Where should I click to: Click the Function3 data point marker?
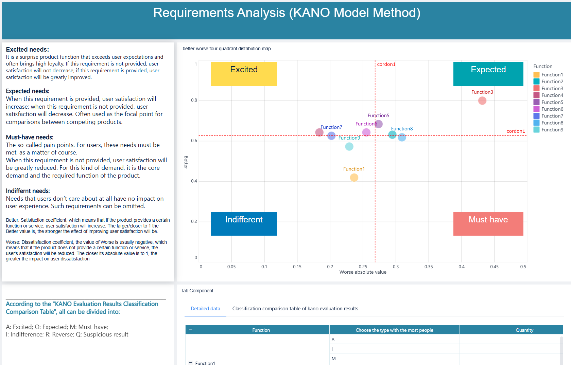click(482, 101)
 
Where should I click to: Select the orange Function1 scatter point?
click(354, 178)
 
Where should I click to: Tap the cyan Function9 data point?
click(349, 147)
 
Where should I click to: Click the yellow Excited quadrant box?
click(244, 74)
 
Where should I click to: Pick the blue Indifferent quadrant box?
click(244, 224)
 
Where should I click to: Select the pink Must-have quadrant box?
click(488, 224)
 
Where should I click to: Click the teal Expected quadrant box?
click(488, 74)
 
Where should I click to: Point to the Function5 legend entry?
click(552, 102)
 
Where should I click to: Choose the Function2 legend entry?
click(552, 81)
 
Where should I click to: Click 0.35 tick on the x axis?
click(429, 267)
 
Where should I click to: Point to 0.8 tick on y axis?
click(194, 100)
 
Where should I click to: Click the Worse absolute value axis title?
click(363, 272)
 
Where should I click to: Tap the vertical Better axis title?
click(186, 162)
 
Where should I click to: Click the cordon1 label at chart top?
click(386, 64)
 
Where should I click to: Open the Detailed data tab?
click(205, 309)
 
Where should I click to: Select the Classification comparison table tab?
click(295, 309)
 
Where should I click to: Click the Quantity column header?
click(524, 330)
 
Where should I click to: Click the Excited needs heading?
click(28, 50)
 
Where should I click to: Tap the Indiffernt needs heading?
click(28, 191)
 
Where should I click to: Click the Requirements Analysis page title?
click(287, 13)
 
